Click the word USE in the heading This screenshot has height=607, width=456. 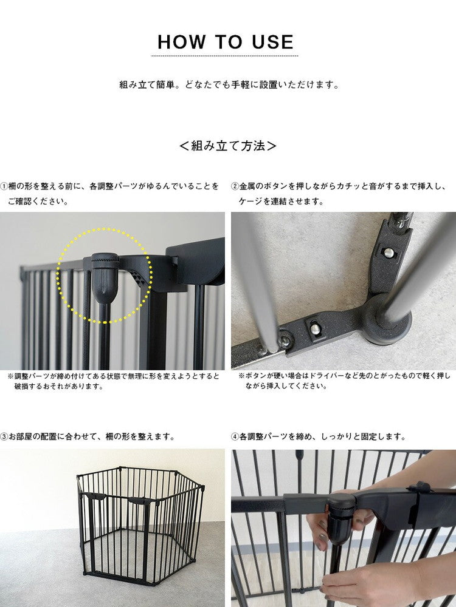coord(272,42)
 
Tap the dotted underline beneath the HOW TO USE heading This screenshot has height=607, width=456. coord(224,56)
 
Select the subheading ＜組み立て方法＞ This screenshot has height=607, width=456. coord(228,146)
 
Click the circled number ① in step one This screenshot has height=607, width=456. coord(4,186)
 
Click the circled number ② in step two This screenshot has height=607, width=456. coord(235,186)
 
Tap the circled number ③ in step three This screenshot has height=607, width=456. coord(4,436)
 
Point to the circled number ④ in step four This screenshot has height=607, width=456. coord(235,436)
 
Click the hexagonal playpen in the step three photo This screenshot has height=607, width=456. coord(140,522)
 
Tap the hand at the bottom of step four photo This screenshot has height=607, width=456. coord(365,583)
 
